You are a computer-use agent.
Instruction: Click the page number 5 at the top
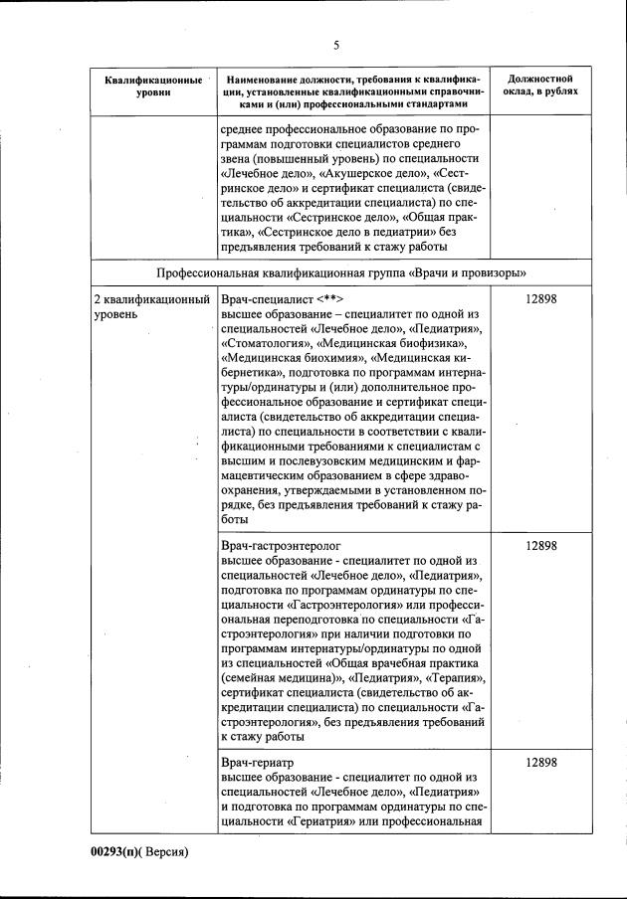tap(336, 46)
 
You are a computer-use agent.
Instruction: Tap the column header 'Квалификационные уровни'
tap(153, 85)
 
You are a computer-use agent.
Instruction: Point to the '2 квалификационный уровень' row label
tap(152, 306)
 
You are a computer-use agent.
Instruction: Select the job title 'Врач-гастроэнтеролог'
tap(282, 547)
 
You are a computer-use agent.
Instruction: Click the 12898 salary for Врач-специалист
tap(540, 299)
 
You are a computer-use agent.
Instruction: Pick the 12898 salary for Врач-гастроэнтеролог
tap(540, 547)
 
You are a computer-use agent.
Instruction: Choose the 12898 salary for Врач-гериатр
tap(540, 762)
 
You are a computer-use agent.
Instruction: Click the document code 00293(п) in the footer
tap(117, 851)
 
